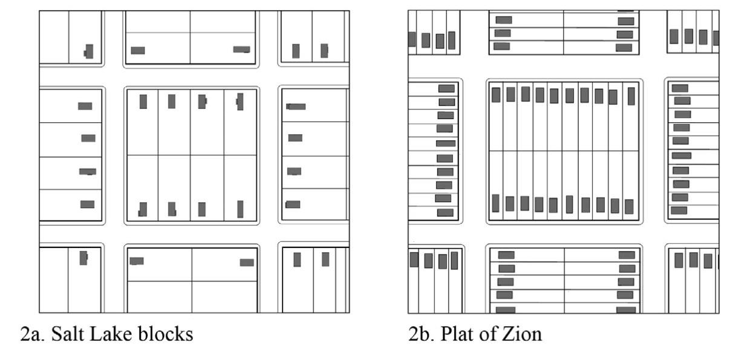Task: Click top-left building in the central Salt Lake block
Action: (143, 102)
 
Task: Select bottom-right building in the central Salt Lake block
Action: (240, 209)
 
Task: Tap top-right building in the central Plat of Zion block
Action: (631, 96)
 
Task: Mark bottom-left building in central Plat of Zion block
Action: (496, 203)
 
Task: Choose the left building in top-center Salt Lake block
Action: (138, 50)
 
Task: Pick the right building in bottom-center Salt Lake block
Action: (247, 262)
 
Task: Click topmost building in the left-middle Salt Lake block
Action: (85, 106)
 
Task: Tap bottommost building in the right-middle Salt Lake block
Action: (293, 205)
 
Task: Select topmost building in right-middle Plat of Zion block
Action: (680, 88)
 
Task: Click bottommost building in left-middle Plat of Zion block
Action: (445, 212)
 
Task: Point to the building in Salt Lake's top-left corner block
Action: (89, 51)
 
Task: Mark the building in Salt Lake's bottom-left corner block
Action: (83, 258)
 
